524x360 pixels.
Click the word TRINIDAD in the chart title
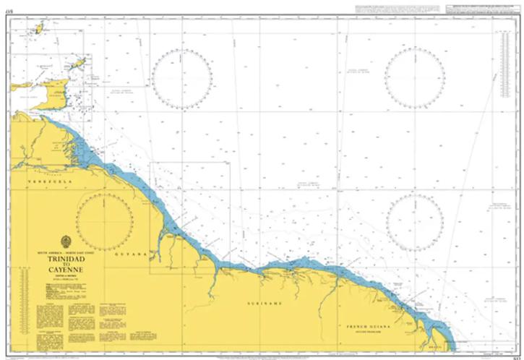(66, 257)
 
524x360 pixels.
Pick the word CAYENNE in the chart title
(66, 271)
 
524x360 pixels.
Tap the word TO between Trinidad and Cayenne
(66, 265)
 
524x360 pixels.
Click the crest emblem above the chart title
(66, 241)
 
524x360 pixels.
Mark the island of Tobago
(80, 63)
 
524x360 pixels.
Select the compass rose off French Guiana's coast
(415, 223)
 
